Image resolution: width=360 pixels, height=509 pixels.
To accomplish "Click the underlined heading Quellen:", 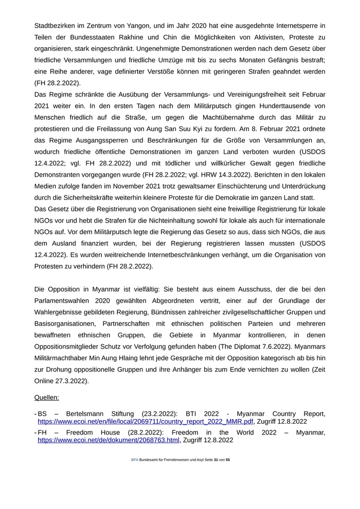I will click(x=47, y=397).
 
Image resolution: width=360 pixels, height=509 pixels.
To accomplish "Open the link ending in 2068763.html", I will click(x=109, y=440).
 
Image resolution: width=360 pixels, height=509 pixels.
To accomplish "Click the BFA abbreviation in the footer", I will click(x=134, y=460).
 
